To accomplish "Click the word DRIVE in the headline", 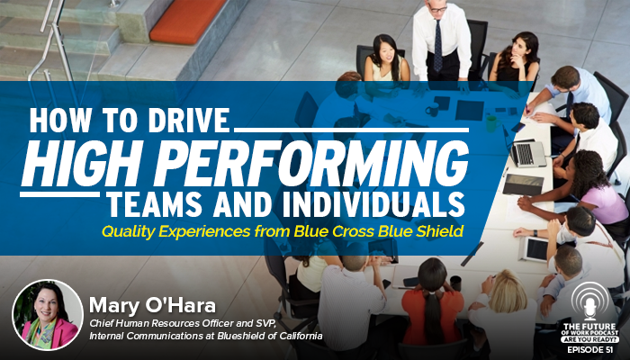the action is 189,120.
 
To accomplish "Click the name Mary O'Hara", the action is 152,306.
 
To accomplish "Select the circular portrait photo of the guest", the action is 48,315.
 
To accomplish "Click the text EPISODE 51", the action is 590,350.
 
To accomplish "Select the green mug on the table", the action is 491,124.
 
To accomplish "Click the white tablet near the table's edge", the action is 534,249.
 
